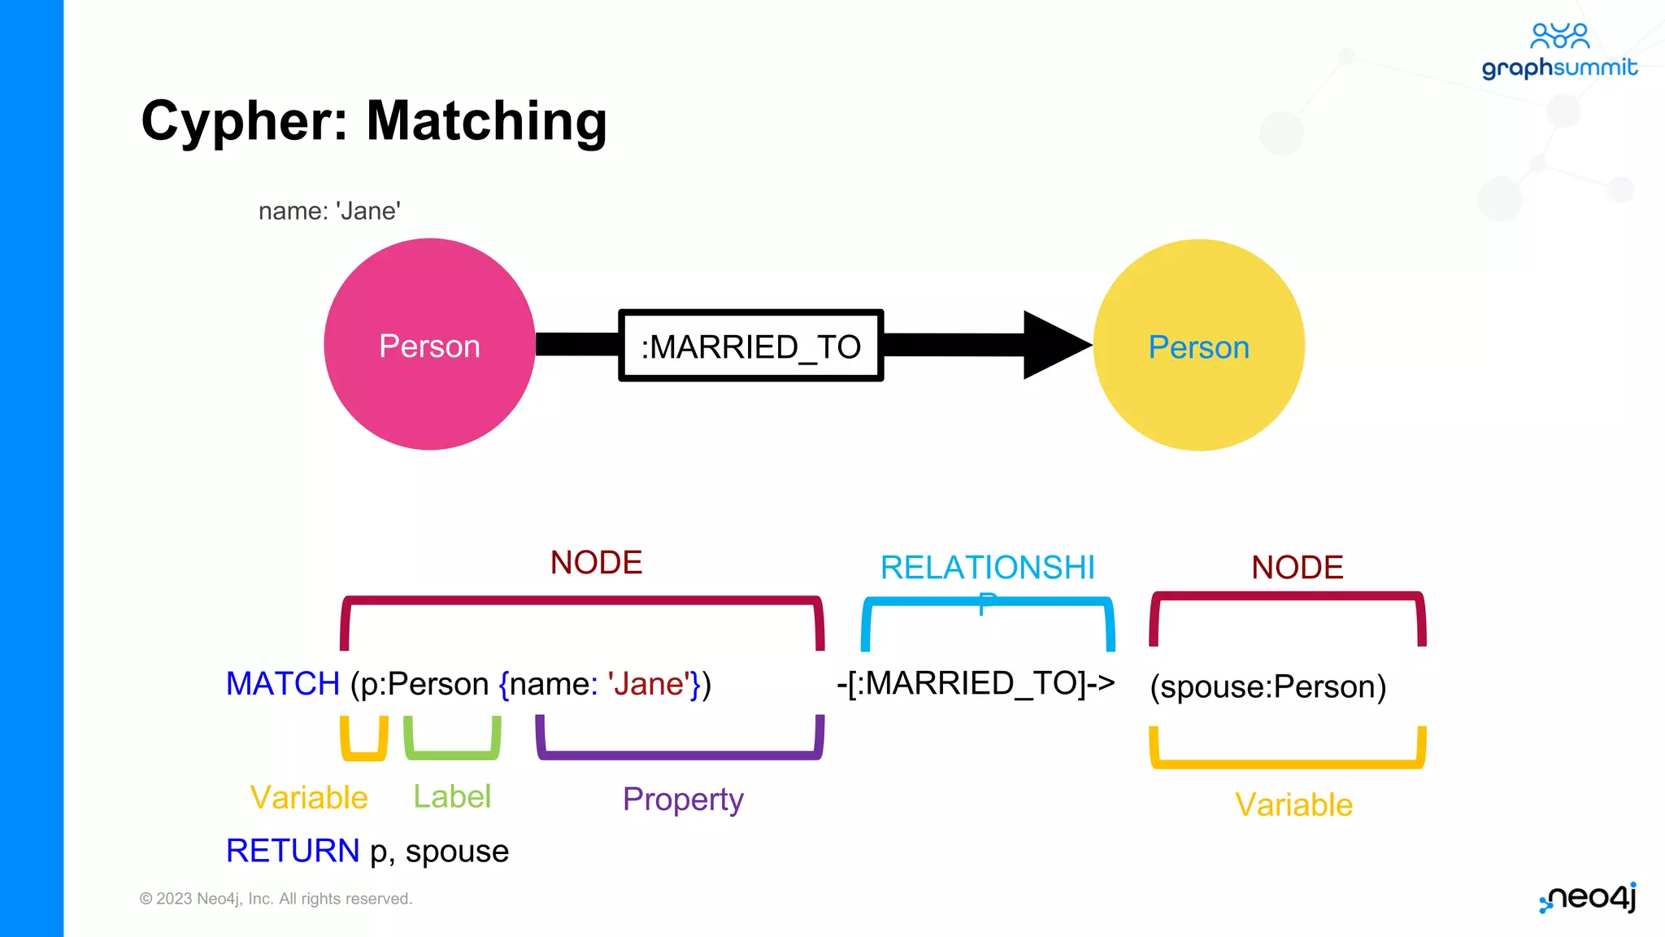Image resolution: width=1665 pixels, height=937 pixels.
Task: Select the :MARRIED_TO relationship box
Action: pyautogui.click(x=750, y=346)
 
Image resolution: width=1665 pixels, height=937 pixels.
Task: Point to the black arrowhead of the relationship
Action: pyautogui.click(x=1055, y=345)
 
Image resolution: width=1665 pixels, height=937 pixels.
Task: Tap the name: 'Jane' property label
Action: pyautogui.click(x=329, y=211)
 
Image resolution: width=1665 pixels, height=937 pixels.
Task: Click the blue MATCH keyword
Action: pyautogui.click(x=283, y=683)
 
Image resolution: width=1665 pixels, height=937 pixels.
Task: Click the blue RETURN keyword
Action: pyautogui.click(x=293, y=851)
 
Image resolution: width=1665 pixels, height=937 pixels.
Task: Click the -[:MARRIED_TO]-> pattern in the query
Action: pyautogui.click(x=976, y=683)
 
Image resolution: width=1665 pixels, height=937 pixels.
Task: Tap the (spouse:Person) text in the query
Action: pyautogui.click(x=1267, y=686)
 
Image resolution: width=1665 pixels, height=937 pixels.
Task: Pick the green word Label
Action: pyautogui.click(x=452, y=796)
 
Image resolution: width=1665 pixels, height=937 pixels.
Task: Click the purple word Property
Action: pyautogui.click(x=683, y=799)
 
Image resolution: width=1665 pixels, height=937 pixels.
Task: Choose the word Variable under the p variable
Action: pyautogui.click(x=309, y=797)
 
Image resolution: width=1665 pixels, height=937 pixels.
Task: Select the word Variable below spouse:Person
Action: pyautogui.click(x=1293, y=804)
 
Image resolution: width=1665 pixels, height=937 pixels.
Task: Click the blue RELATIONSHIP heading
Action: pyautogui.click(x=988, y=568)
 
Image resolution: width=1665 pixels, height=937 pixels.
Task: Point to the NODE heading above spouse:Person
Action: pyautogui.click(x=1297, y=567)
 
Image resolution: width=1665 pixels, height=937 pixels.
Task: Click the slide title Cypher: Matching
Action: pyautogui.click(x=374, y=120)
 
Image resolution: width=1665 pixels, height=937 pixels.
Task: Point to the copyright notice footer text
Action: pyautogui.click(x=276, y=899)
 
